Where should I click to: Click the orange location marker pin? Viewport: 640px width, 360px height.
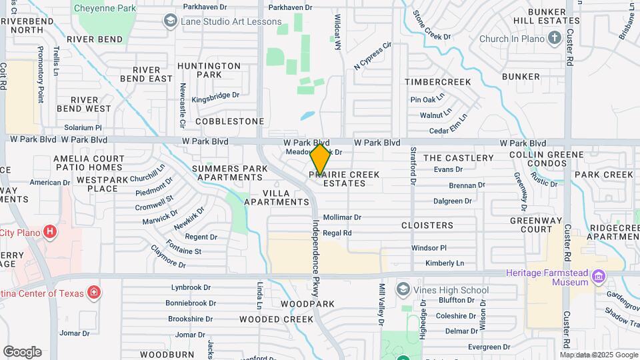pos(320,160)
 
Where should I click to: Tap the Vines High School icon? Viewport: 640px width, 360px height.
pos(402,289)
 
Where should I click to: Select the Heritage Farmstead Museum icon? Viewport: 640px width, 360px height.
pos(598,276)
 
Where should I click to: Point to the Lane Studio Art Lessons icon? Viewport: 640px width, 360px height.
pos(170,21)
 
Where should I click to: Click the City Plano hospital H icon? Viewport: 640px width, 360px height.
pos(49,232)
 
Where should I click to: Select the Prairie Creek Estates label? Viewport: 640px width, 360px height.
pos(344,179)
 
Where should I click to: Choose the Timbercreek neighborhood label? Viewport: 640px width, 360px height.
pos(438,82)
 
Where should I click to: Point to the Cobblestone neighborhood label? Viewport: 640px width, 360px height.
pos(230,121)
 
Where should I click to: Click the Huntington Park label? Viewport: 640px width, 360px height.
pos(209,70)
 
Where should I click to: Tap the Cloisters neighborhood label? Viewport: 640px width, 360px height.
pos(427,225)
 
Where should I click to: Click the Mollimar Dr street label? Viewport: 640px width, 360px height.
pos(341,217)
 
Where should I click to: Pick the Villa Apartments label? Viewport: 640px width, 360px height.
pos(276,195)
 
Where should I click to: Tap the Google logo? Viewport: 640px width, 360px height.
pos(22,352)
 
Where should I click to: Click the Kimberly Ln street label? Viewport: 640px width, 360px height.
pos(444,263)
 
